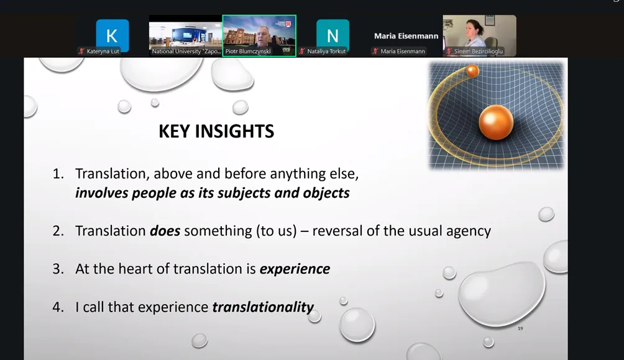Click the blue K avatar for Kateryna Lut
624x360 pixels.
coord(112,35)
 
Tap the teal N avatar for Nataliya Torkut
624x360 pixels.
coord(333,35)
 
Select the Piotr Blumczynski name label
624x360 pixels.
coord(248,52)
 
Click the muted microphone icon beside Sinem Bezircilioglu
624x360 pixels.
coord(449,52)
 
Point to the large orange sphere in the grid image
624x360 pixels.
coord(496,122)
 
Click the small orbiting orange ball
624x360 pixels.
coord(472,71)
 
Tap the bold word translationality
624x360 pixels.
coord(263,307)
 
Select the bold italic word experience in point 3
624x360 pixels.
coord(295,269)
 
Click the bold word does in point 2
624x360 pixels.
coord(165,231)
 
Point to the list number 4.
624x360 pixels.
coord(58,307)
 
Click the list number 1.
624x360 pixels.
coord(58,174)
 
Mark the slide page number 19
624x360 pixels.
coord(520,328)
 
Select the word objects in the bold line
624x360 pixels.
coord(326,193)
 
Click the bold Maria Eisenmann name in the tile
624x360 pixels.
coord(406,36)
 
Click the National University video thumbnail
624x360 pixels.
coord(185,35)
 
